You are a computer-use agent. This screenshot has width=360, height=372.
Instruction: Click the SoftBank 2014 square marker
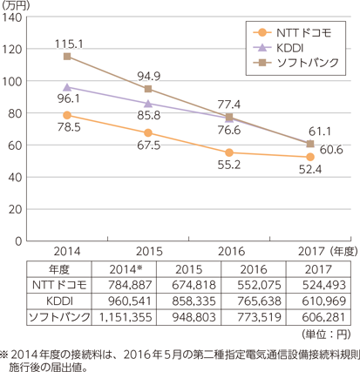(67, 57)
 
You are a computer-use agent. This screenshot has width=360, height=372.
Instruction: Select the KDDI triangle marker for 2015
(148, 104)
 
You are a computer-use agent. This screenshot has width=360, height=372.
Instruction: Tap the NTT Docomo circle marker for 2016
(229, 152)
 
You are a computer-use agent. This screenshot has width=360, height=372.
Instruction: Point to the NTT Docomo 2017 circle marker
(310, 157)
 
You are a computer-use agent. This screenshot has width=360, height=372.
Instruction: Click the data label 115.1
(69, 44)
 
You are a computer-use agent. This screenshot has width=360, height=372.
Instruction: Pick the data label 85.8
(149, 115)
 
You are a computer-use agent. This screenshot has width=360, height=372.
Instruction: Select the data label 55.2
(229, 165)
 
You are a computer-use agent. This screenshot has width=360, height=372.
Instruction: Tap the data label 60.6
(331, 150)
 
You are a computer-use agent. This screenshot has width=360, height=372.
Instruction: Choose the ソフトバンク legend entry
(295, 63)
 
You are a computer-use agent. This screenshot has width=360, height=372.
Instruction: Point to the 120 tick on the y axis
(12, 50)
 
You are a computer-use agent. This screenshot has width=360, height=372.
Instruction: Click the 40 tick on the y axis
(15, 178)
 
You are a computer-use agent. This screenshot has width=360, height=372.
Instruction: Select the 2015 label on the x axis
(149, 252)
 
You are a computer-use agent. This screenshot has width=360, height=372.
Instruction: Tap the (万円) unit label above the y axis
(15, 5)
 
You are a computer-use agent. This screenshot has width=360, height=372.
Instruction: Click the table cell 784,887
(130, 285)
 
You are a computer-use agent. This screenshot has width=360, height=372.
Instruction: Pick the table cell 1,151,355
(126, 317)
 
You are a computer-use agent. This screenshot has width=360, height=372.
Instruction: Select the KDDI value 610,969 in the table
(324, 301)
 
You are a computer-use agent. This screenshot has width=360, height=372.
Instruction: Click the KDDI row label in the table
(59, 301)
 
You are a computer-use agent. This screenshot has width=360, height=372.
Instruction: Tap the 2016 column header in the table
(254, 269)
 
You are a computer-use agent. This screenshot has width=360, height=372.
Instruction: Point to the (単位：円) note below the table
(326, 335)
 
